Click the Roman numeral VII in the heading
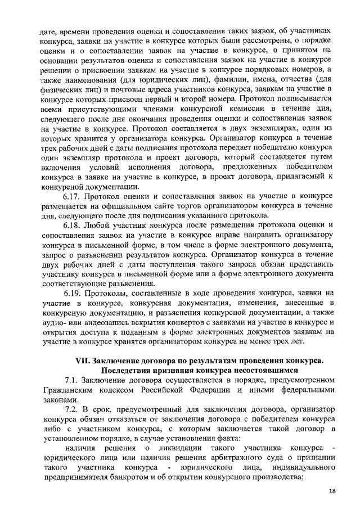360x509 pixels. point(84,361)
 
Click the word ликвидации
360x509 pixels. point(179,448)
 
